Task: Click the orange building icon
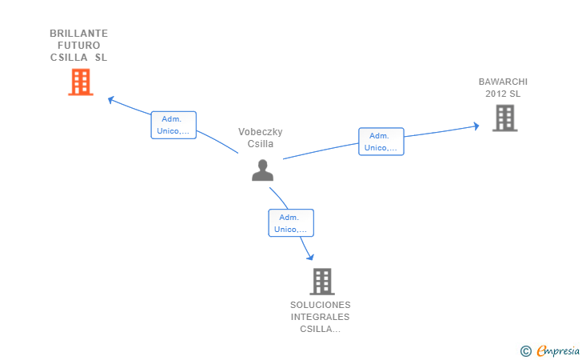point(81,82)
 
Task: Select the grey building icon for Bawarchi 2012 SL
point(504,118)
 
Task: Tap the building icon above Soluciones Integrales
point(322,282)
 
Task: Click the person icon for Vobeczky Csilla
point(262,170)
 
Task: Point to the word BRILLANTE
point(78,34)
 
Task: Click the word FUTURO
point(78,46)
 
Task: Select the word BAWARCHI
point(503,82)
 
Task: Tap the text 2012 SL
point(503,94)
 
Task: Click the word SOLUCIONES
point(321,305)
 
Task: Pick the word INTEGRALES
point(320,317)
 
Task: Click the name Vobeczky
point(260,132)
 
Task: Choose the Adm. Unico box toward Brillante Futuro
point(173,125)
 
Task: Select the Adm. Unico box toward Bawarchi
point(381,142)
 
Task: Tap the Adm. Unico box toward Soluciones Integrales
point(291,223)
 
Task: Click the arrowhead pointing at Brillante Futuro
point(110,99)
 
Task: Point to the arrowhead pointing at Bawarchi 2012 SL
point(476,126)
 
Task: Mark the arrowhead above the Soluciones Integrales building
point(310,257)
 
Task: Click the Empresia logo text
point(558,350)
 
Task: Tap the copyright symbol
point(525,351)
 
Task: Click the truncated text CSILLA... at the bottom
point(320,329)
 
